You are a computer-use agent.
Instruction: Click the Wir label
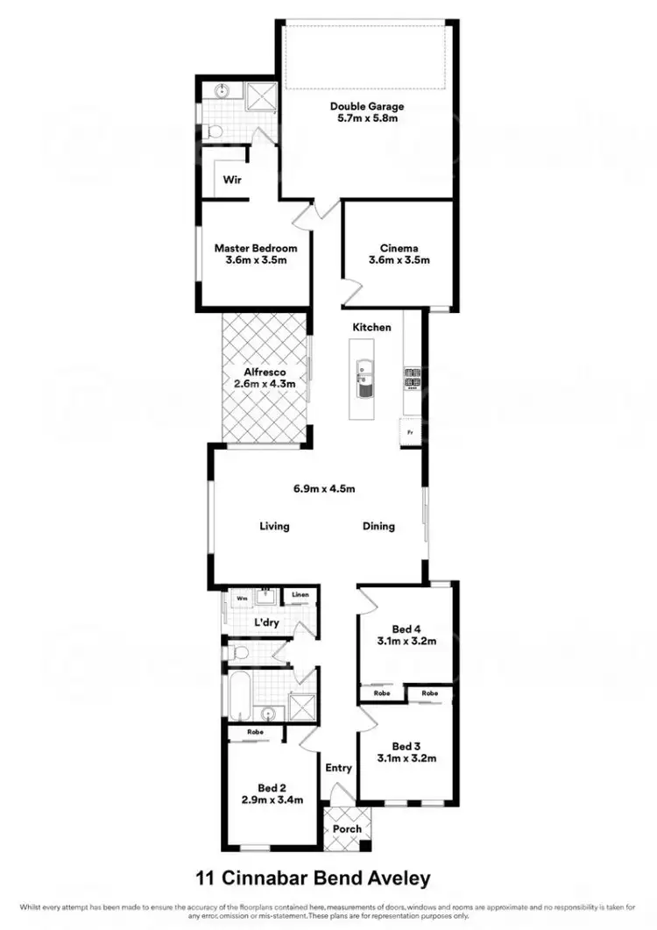pos(231,181)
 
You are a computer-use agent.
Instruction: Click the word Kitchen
pos(371,327)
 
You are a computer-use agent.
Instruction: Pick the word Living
pos(274,527)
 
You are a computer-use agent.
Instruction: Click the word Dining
pos(379,527)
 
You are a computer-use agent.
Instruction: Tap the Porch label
pos(347,829)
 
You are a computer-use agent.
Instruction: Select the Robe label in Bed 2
pos(255,731)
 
